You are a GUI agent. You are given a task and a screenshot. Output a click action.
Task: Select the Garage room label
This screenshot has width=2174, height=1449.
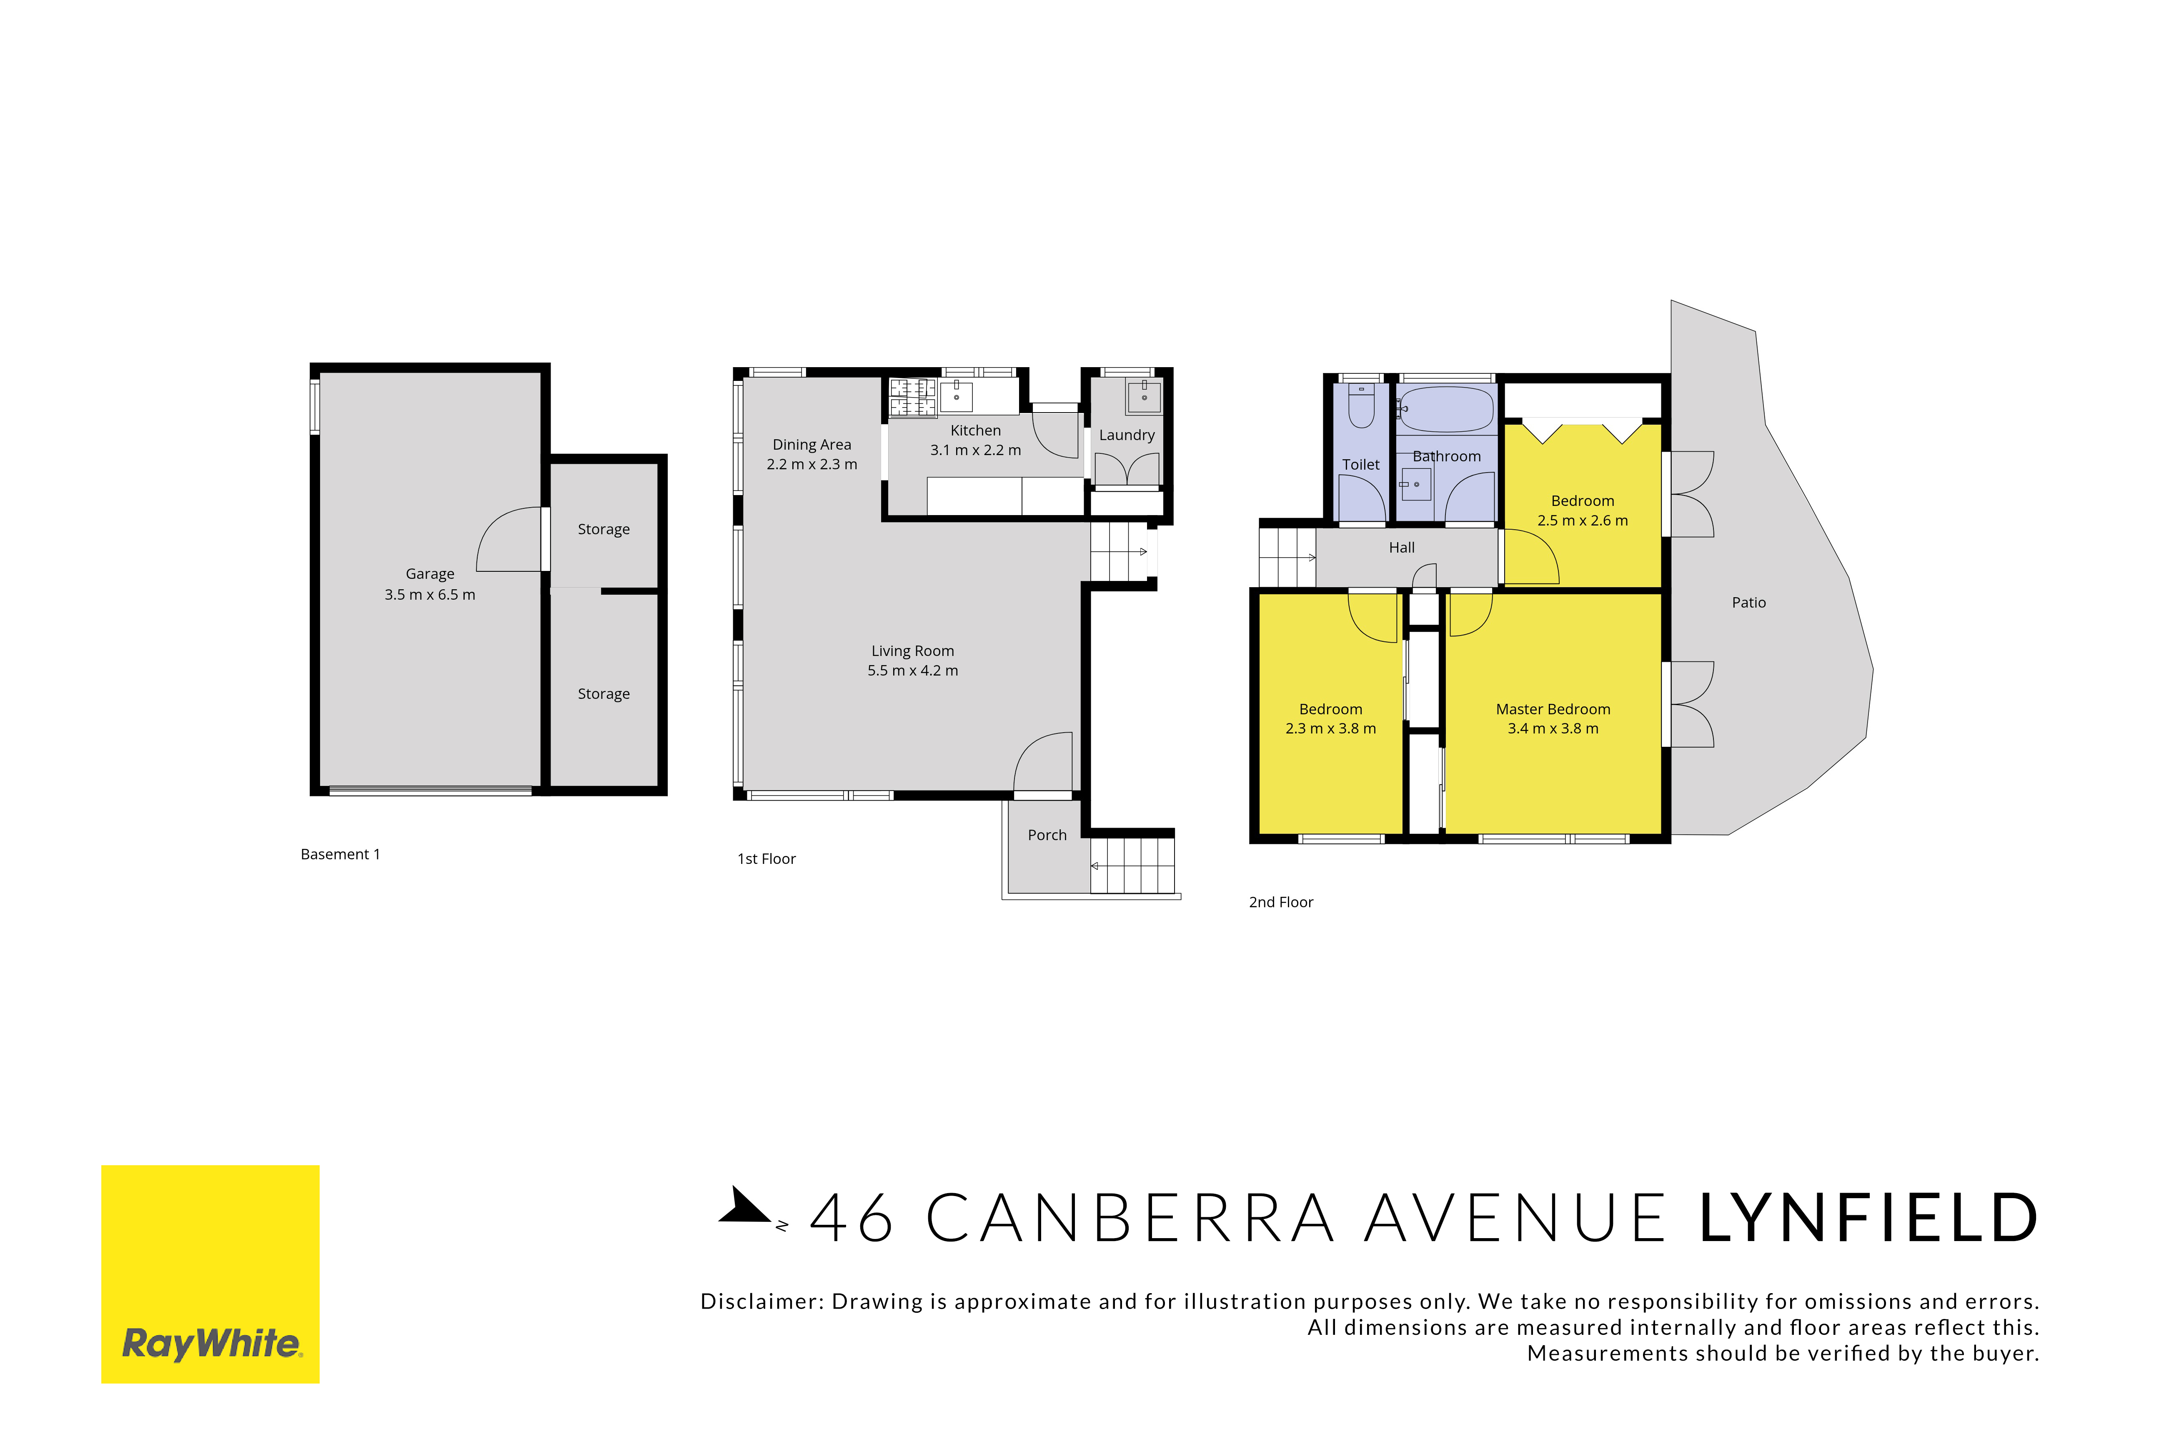pyautogui.click(x=430, y=574)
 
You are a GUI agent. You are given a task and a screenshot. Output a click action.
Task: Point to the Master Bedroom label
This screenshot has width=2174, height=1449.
pyautogui.click(x=1553, y=709)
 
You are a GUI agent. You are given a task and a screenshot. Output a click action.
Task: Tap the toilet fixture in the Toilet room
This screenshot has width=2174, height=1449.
pyautogui.click(x=1362, y=407)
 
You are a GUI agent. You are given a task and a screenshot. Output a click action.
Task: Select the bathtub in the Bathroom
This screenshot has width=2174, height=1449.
pyautogui.click(x=1447, y=409)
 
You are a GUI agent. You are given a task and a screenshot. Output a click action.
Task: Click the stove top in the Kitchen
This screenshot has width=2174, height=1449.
pyautogui.click(x=912, y=398)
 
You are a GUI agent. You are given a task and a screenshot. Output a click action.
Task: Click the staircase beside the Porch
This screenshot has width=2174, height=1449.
pyautogui.click(x=1132, y=865)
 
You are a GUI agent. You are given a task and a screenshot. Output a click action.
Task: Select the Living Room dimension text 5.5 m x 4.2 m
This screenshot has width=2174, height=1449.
pyautogui.click(x=912, y=671)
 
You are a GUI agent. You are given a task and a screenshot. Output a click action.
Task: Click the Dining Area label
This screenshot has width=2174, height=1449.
pyautogui.click(x=811, y=445)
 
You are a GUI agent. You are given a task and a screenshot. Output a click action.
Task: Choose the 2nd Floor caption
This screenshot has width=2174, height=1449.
pyautogui.click(x=1281, y=902)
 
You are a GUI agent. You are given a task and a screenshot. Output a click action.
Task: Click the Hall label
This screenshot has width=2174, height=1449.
pyautogui.click(x=1401, y=548)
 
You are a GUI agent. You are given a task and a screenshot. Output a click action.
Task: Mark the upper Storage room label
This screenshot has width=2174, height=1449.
pyautogui.click(x=604, y=530)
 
